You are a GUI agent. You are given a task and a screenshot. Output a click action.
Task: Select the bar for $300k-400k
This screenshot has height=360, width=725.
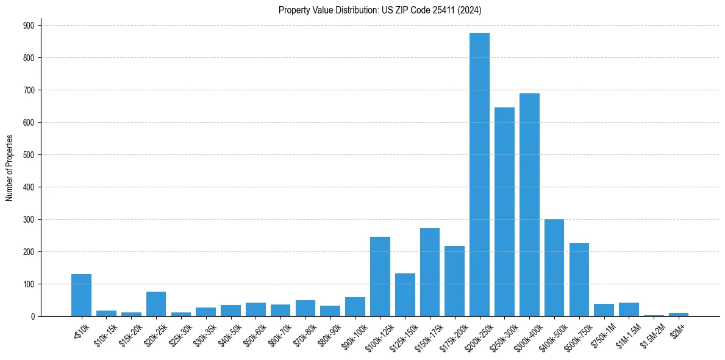click(x=529, y=205)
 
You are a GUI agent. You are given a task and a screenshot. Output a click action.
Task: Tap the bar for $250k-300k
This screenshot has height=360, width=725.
click(x=504, y=212)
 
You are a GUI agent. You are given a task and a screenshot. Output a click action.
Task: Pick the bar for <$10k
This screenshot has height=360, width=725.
click(x=81, y=295)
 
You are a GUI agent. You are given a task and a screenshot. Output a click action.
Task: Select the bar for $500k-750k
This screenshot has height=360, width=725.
click(x=579, y=279)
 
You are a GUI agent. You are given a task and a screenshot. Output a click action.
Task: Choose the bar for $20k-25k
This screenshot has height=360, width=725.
click(x=156, y=304)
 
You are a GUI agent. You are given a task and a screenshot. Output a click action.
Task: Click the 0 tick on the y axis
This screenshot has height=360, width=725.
click(x=34, y=317)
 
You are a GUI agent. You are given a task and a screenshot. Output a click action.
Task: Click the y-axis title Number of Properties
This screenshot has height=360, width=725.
click(x=9, y=168)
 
